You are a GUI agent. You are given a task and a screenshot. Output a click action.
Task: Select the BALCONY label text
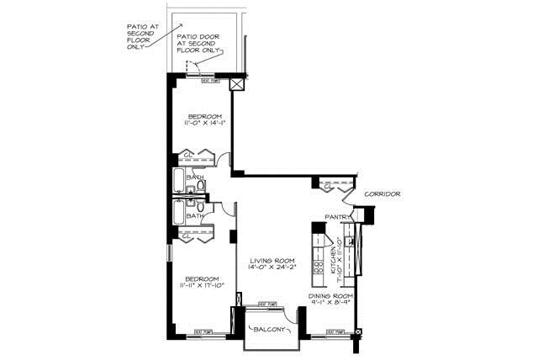pyautogui.click(x=268, y=327)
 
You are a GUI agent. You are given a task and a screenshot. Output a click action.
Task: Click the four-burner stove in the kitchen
pyautogui.click(x=319, y=268)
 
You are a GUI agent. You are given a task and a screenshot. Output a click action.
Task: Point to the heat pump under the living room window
pyautogui.click(x=269, y=304)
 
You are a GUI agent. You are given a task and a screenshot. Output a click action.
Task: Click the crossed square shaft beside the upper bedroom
pyautogui.click(x=237, y=83)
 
